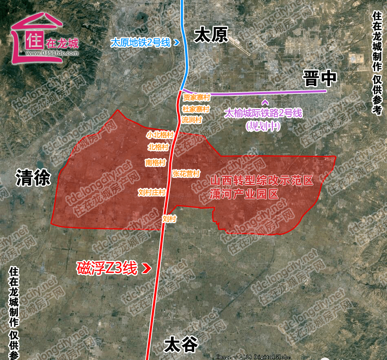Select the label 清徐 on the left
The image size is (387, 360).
pyautogui.click(x=33, y=178)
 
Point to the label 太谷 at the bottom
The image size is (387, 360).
pyautogui.click(x=181, y=345)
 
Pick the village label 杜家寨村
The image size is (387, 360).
pyautogui.click(x=196, y=109)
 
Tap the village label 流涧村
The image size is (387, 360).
pyautogui.click(x=192, y=120)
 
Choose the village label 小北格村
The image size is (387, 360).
pyautogui.click(x=160, y=134)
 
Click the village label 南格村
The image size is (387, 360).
pyautogui.click(x=155, y=162)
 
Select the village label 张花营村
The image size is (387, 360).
pyautogui.click(x=186, y=174)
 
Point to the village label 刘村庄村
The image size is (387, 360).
pyautogui.click(x=151, y=192)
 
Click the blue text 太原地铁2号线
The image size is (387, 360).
pyautogui.click(x=141, y=42)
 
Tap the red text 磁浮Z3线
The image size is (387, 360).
pyautogui.click(x=107, y=268)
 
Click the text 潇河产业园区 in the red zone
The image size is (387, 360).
pyautogui.click(x=244, y=194)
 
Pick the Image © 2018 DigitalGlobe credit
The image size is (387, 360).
pyautogui.click(x=253, y=357)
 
